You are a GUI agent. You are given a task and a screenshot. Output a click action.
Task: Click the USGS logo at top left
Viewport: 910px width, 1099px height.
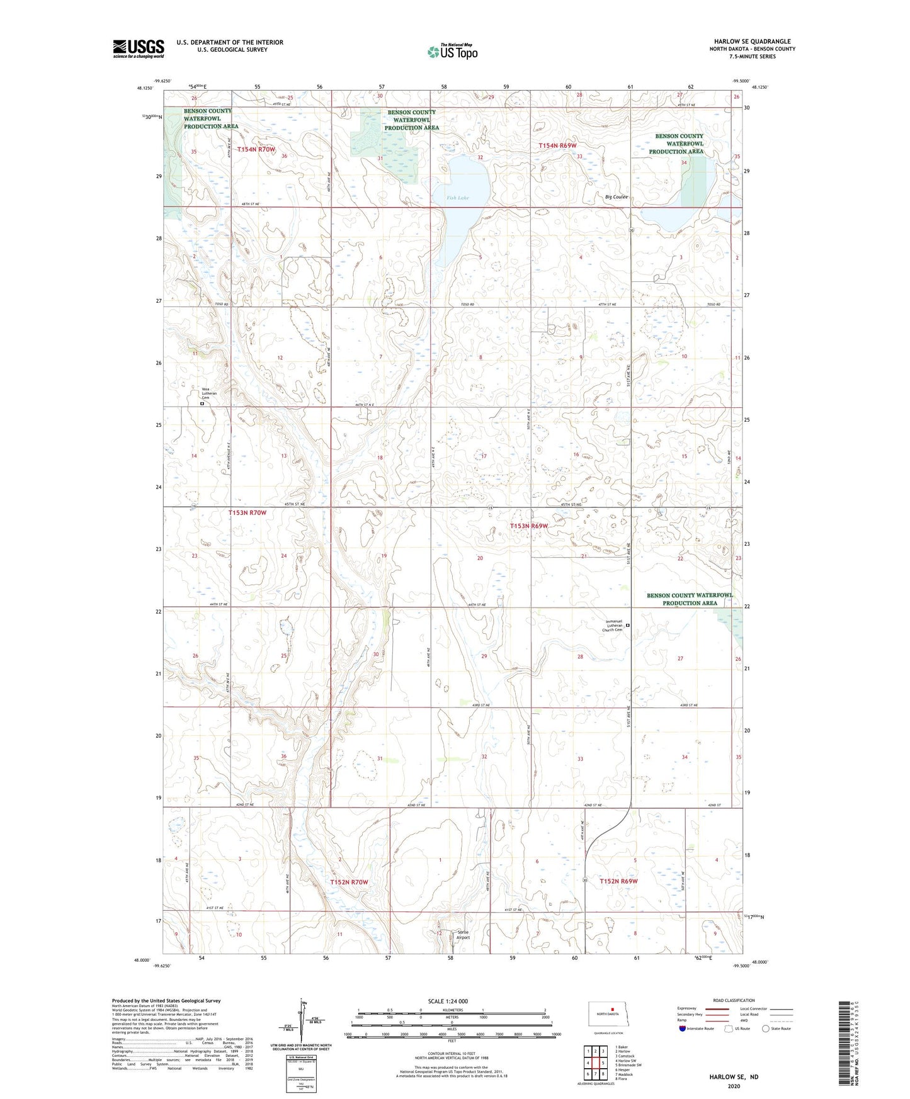138,48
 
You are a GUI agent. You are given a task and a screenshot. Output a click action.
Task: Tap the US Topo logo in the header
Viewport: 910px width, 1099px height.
452,52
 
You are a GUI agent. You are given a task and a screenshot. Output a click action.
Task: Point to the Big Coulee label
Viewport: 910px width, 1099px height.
616,197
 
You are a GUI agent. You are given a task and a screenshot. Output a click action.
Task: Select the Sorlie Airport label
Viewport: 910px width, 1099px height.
463,935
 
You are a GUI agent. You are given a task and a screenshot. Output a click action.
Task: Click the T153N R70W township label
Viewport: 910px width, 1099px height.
247,513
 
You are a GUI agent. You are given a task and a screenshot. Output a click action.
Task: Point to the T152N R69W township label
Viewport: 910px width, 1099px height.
618,881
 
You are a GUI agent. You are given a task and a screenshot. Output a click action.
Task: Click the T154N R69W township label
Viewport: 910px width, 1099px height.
557,145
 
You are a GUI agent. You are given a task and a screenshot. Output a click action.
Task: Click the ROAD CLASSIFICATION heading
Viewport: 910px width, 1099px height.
733,1000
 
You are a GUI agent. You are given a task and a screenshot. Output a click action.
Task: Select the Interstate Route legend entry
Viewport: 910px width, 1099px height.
697,1029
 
